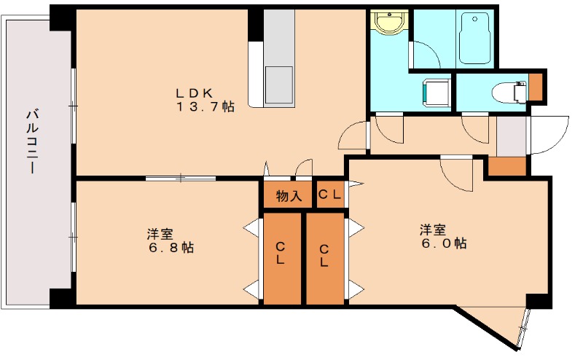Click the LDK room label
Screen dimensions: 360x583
click(x=194, y=93)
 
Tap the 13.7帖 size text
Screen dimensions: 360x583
click(x=205, y=107)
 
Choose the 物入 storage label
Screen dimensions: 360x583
click(x=289, y=195)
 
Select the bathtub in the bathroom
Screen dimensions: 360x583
click(x=476, y=38)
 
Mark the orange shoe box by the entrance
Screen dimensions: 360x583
click(x=507, y=166)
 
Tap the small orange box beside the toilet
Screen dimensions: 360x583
click(x=536, y=86)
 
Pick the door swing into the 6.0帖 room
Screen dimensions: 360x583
click(x=458, y=175)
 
